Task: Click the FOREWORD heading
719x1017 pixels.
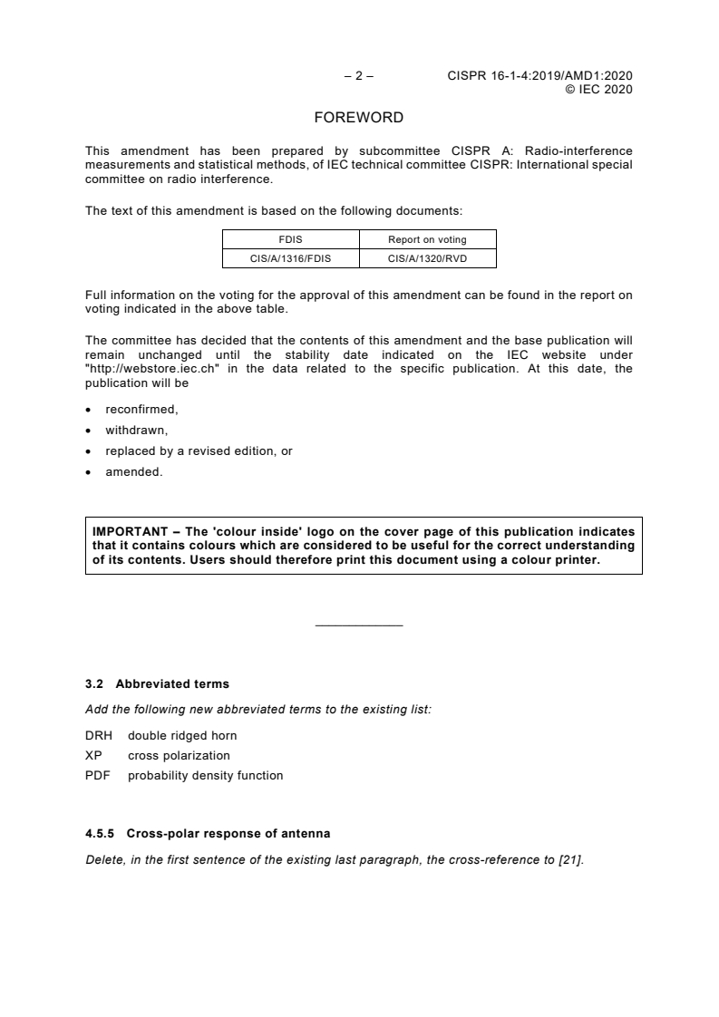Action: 358,118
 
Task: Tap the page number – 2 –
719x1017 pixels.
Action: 359,76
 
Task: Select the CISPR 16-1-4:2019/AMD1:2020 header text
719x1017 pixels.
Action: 539,76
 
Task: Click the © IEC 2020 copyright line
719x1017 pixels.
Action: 598,89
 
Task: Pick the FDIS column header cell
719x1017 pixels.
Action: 291,239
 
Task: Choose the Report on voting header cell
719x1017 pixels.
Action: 427,239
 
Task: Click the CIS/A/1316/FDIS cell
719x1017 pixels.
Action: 291,258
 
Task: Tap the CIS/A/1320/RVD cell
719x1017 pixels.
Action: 427,258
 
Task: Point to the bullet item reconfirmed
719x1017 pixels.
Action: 141,410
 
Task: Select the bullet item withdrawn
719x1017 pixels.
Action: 137,431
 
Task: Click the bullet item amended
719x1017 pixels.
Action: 134,471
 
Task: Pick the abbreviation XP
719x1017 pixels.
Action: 92,755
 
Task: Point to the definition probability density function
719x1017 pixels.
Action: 205,775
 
